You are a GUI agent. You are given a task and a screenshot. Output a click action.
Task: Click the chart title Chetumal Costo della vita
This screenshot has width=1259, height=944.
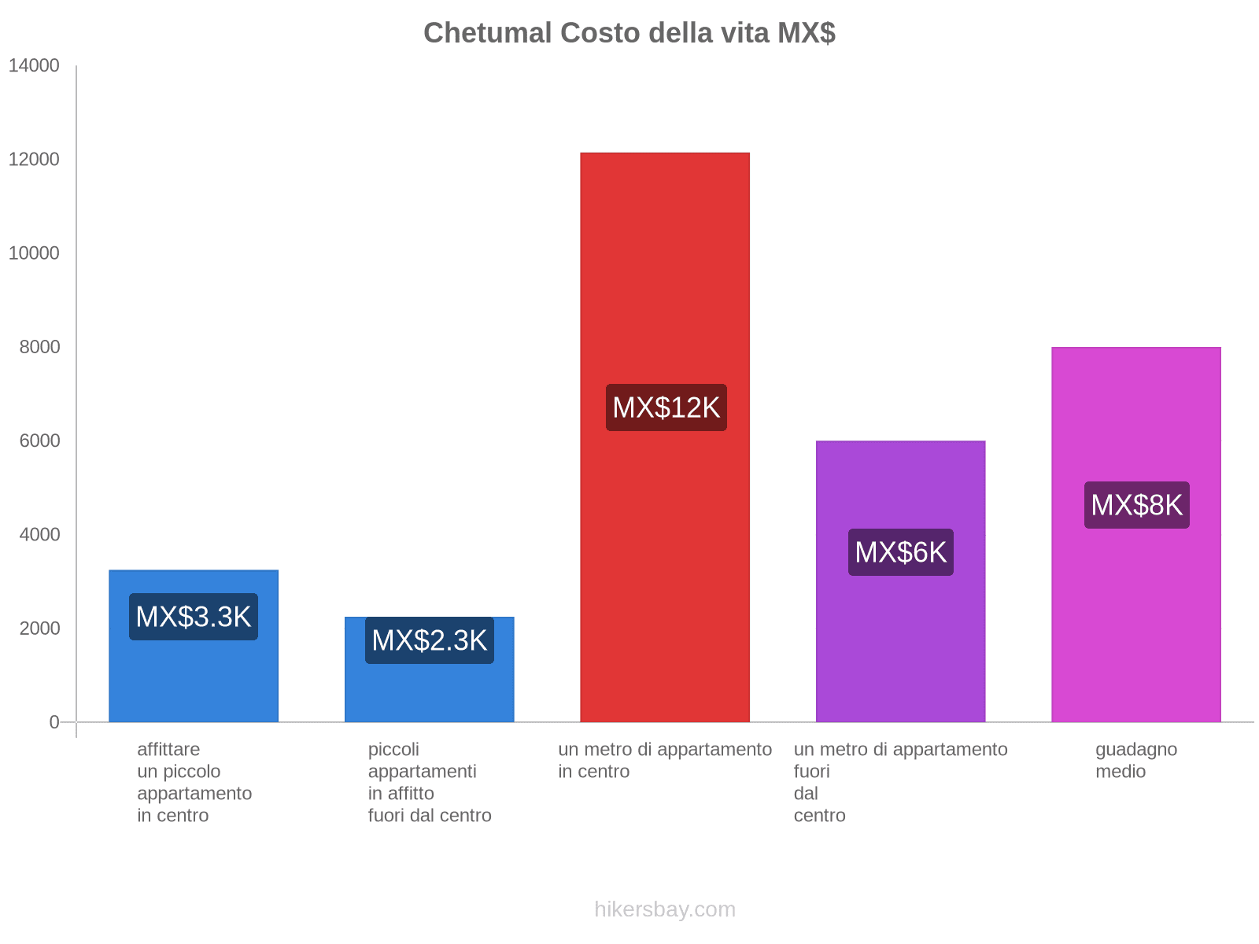coord(629,33)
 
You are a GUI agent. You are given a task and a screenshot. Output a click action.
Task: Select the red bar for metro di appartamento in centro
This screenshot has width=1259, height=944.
coord(665,275)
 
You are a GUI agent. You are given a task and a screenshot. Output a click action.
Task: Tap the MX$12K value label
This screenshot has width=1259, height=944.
coord(666,407)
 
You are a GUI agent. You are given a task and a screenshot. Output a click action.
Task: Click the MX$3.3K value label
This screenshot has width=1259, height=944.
coord(194,617)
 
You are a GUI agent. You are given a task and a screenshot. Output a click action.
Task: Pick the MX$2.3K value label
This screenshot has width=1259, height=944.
coord(430,640)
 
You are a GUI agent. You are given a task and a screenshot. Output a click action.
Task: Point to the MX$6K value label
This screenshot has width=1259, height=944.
coord(901,552)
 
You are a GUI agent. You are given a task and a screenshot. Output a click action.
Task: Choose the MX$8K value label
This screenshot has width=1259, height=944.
coord(1137,505)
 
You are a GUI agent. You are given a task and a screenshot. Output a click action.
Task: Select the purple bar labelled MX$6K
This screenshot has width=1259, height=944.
coord(901,645)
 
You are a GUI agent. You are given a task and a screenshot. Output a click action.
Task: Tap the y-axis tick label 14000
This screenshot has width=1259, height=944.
coord(35,66)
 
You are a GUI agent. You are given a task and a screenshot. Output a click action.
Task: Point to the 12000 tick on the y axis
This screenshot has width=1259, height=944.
coord(35,160)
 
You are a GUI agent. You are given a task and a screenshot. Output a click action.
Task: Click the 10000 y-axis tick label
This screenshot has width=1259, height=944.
coord(35,253)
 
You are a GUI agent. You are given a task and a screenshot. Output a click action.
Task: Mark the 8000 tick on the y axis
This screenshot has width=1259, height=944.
coord(39,347)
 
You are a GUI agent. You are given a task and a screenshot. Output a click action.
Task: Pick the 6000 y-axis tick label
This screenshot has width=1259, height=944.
coord(39,441)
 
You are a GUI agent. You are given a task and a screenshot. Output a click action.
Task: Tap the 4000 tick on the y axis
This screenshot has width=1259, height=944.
coord(39,535)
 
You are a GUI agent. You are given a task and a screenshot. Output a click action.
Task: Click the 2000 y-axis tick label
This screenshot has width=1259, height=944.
coord(39,629)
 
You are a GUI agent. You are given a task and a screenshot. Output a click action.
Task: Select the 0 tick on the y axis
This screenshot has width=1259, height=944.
coord(54,722)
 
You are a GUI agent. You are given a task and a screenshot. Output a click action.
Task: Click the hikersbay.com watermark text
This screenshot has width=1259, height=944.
coord(665,909)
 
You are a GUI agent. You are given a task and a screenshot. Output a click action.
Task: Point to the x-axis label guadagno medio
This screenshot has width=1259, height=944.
coord(1136,760)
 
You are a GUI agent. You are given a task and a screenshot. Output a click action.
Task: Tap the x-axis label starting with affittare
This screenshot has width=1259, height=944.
coord(194,782)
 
